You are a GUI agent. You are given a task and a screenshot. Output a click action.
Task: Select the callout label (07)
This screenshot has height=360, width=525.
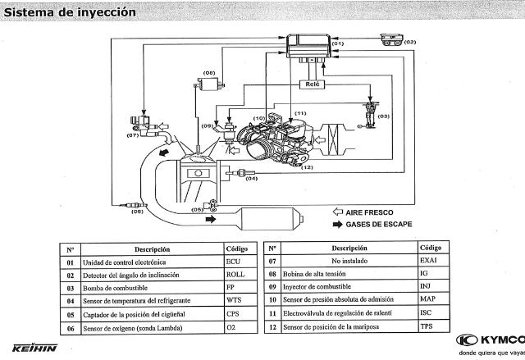pyautogui.click(x=133, y=136)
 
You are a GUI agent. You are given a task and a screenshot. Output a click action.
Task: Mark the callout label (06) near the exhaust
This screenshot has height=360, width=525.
pyautogui.click(x=137, y=212)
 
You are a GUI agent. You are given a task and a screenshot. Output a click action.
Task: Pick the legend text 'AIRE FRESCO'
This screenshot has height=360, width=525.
pyautogui.click(x=370, y=212)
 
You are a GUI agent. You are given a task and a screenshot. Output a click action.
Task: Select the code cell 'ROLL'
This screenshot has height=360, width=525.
pyautogui.click(x=235, y=275)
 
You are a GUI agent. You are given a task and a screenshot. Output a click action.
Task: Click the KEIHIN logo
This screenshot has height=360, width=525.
pyautogui.click(x=34, y=348)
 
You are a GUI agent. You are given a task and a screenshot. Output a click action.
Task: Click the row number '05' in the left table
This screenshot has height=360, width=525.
pyautogui.click(x=71, y=315)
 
